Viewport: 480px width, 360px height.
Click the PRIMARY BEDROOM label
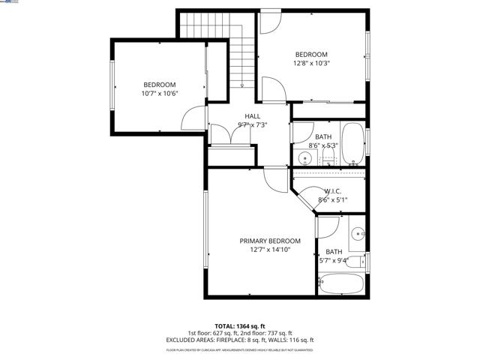tap(270, 241)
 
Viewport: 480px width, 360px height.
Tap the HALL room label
tap(253, 116)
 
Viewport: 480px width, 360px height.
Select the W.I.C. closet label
tap(333, 191)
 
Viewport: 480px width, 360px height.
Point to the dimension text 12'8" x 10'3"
tap(310, 64)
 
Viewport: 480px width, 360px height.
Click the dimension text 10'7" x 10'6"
tap(159, 94)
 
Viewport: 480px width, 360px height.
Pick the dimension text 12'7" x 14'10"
tap(270, 250)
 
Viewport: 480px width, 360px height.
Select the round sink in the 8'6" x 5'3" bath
tap(305, 158)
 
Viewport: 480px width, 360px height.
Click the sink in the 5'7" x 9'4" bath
tap(358, 232)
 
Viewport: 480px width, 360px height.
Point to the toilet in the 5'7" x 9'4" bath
tap(361, 262)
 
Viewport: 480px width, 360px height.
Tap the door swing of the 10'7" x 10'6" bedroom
tap(194, 118)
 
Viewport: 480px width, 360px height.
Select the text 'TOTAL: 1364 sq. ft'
tap(240, 326)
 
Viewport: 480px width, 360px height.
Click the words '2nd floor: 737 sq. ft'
tap(267, 333)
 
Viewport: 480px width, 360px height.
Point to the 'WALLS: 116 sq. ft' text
tap(295, 340)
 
